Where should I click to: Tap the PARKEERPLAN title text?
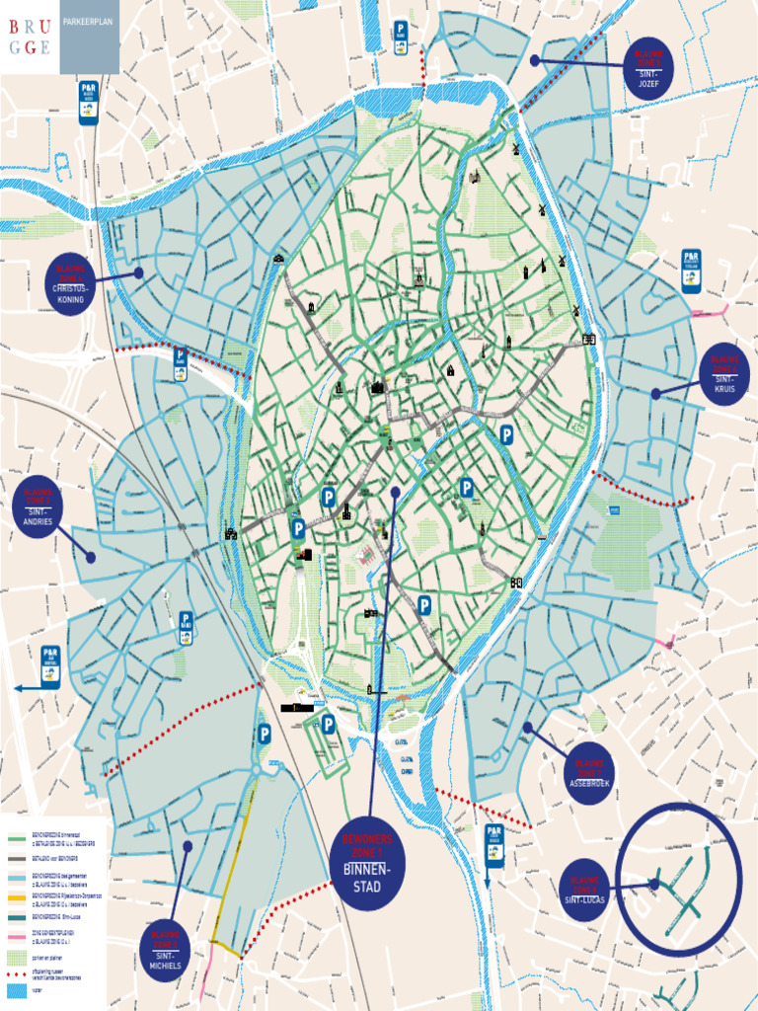[89, 20]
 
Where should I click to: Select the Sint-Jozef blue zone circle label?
[647, 68]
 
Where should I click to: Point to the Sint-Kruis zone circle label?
[724, 373]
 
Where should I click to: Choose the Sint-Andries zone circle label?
[38, 506]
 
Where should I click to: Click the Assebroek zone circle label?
[589, 773]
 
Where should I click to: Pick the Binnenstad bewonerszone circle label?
[367, 865]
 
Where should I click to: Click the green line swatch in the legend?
[18, 839]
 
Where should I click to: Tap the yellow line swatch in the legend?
[18, 897]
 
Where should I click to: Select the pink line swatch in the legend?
[18, 937]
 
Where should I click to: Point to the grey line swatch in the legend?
[18, 858]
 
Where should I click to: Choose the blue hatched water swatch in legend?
[18, 988]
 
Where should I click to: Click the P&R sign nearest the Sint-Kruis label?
[691, 271]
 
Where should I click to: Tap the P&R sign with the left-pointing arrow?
[50, 666]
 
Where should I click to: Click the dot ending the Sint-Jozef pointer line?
[535, 60]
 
